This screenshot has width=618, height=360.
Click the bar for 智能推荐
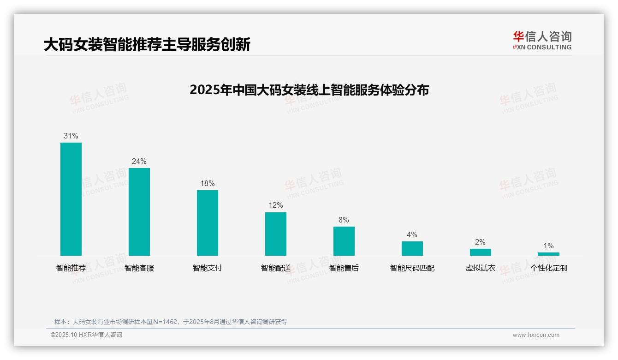pyautogui.click(x=71, y=199)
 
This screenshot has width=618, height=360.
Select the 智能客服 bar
pyautogui.click(x=139, y=211)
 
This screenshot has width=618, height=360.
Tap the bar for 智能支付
pyautogui.click(x=208, y=222)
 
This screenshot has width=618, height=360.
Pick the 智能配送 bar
pyautogui.click(x=276, y=234)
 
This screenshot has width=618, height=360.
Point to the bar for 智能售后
pyautogui.click(x=344, y=241)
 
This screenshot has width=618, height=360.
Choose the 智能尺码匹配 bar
pyautogui.click(x=412, y=248)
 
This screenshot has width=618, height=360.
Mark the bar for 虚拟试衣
pyautogui.click(x=481, y=252)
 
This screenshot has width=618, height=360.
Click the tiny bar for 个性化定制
pyautogui.click(x=548, y=254)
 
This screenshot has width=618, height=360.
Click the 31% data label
pyautogui.click(x=71, y=136)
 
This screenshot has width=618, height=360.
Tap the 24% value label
pyautogui.click(x=139, y=161)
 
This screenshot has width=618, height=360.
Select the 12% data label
pyautogui.click(x=276, y=205)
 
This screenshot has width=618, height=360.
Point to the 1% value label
pyautogui.click(x=548, y=246)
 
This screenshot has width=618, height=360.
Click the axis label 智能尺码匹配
pyautogui.click(x=412, y=268)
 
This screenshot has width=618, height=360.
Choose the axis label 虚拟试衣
pyautogui.click(x=481, y=268)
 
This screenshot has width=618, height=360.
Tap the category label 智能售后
pyautogui.click(x=344, y=268)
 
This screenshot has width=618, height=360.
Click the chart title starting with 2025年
pyautogui.click(x=309, y=90)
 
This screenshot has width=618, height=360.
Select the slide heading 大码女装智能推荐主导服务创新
pyautogui.click(x=147, y=45)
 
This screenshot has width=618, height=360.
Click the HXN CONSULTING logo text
pyautogui.click(x=542, y=47)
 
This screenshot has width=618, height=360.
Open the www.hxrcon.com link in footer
pyautogui.click(x=536, y=335)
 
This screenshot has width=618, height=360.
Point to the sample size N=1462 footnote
pyautogui.click(x=171, y=322)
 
